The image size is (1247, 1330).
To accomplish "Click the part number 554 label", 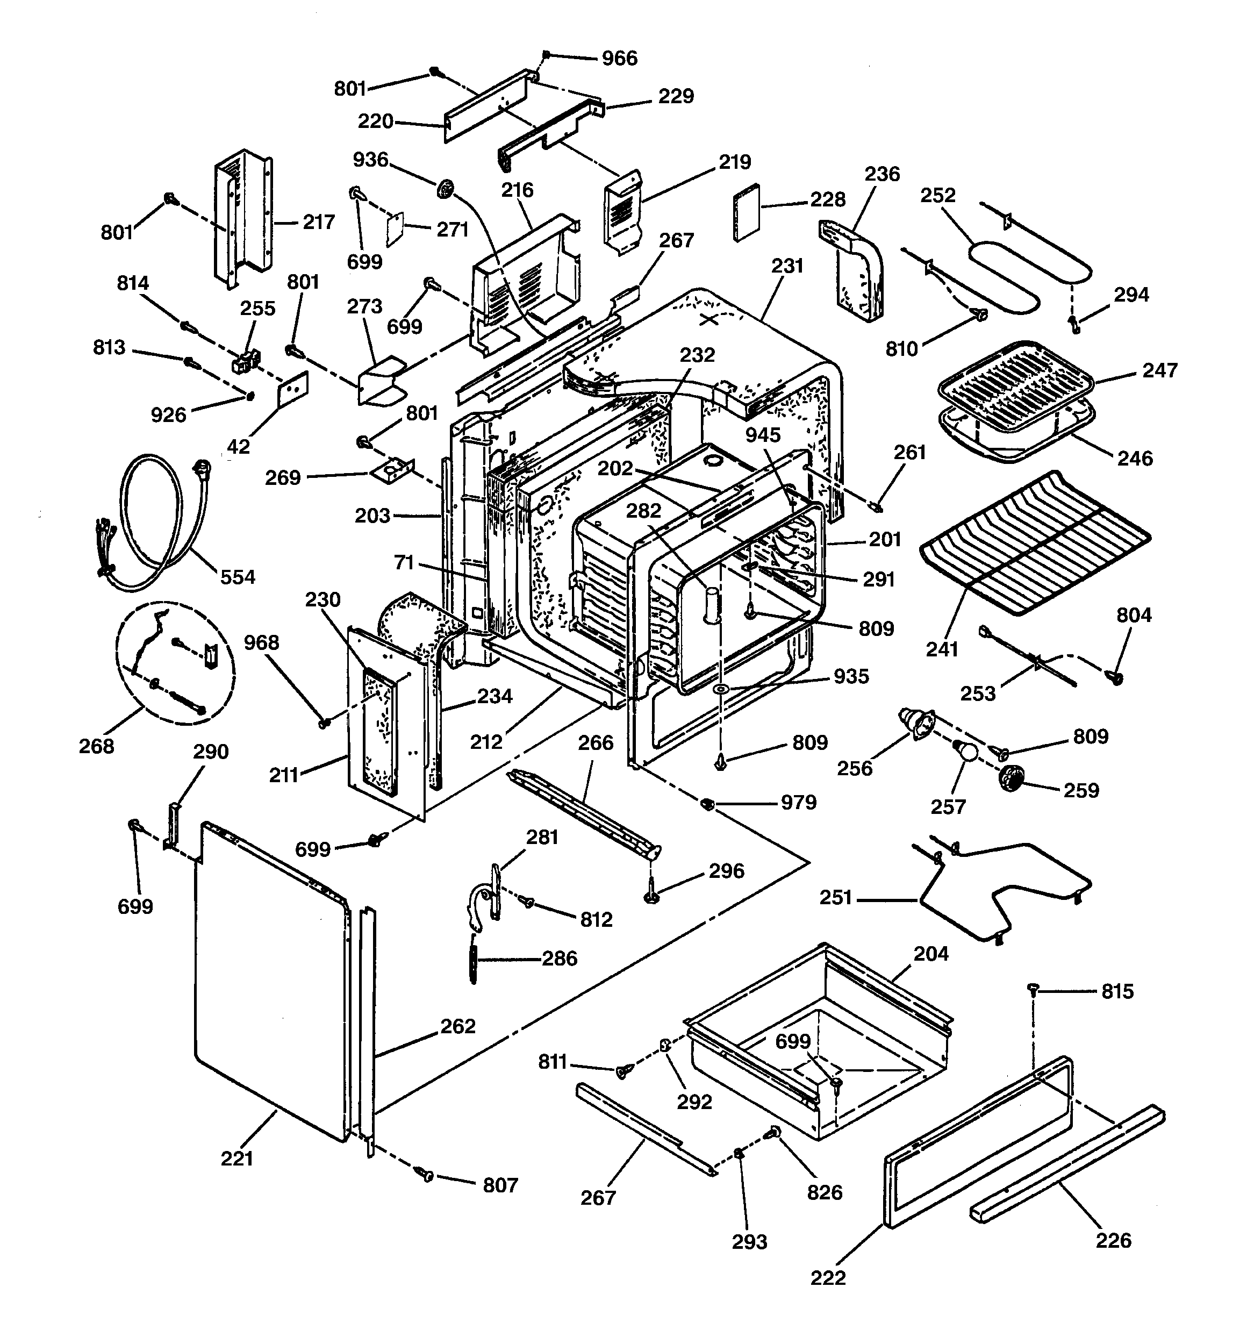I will [x=238, y=577].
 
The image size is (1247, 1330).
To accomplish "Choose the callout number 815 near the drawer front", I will [x=1117, y=991].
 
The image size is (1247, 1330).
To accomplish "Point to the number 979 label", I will [x=799, y=802].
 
